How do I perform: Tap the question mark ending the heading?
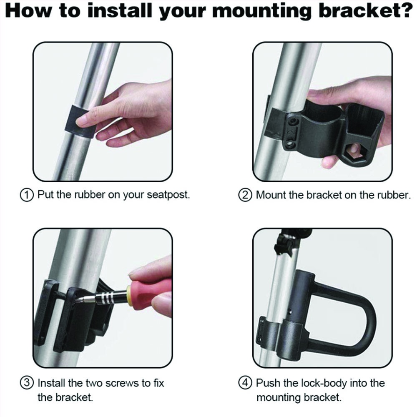click(406, 10)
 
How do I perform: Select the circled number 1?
click(27, 195)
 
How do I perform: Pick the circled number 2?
click(245, 196)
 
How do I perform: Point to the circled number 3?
click(27, 383)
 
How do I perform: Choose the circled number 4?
click(245, 383)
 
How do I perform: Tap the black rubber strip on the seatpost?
click(80, 121)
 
